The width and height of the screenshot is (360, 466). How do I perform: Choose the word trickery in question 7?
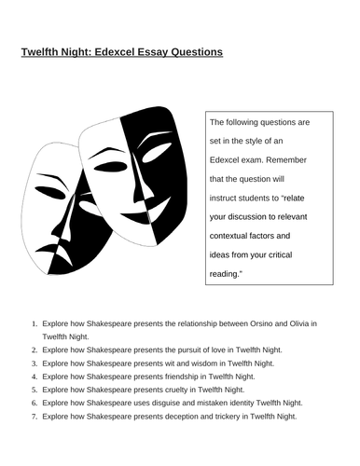tap(217, 416)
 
